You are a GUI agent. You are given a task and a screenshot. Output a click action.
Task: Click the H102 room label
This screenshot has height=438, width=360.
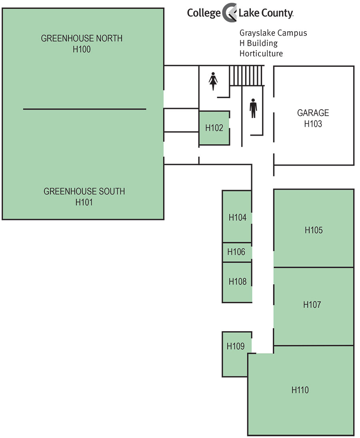pos(214,128)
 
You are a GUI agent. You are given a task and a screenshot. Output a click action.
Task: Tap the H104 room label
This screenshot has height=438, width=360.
pos(237,217)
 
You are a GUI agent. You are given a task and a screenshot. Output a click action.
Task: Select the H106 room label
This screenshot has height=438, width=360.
pos(236,252)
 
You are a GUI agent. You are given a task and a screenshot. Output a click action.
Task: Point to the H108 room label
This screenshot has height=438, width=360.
pos(237,282)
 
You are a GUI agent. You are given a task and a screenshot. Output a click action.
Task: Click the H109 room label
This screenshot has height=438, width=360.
pos(236,346)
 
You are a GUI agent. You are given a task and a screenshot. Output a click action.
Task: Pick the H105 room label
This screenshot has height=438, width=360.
pos(314,230)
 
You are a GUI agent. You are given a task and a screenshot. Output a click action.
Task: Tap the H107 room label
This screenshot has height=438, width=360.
pos(312,305)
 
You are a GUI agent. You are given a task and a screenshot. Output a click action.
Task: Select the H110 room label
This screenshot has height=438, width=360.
pos(300,390)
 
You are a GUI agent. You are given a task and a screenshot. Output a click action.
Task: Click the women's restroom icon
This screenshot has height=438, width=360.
pos(213,81)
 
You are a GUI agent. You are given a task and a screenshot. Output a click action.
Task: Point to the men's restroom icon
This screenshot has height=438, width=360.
pos(253,108)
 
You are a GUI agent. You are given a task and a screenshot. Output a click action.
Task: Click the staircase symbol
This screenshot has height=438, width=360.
pos(246,76)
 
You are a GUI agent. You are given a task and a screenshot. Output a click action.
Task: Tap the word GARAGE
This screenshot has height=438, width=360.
pos(313,113)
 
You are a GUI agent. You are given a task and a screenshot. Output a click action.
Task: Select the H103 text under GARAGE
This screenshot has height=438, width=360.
pos(313,124)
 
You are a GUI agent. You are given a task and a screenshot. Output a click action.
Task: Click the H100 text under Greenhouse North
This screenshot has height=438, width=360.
pos(82,50)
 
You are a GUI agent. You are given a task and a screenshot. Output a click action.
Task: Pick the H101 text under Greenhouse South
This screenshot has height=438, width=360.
pos(84,202)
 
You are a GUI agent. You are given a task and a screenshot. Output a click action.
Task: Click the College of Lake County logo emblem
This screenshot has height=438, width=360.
pos(230,12)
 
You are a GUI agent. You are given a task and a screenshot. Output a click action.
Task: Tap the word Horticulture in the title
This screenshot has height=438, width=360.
pos(261,54)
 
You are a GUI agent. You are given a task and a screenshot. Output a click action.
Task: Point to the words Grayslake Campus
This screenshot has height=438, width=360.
pos(273,33)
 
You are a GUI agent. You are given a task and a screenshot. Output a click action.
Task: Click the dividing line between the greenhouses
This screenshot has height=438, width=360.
pos(84,109)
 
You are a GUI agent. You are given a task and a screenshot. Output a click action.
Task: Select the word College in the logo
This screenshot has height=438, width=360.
pos(204,13)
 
